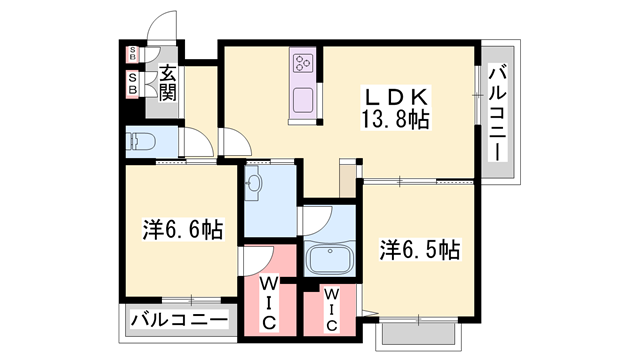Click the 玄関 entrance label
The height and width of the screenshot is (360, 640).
(167, 83)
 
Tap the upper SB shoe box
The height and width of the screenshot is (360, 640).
(133, 55)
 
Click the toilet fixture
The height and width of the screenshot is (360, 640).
(140, 140)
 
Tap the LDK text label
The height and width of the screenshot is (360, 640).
(395, 98)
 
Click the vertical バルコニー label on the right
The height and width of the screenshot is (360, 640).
(498, 110)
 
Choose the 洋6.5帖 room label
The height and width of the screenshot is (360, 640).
(418, 249)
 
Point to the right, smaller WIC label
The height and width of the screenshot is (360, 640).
(330, 310)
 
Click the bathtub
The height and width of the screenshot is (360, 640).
(331, 262)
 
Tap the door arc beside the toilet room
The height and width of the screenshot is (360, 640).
(200, 146)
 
